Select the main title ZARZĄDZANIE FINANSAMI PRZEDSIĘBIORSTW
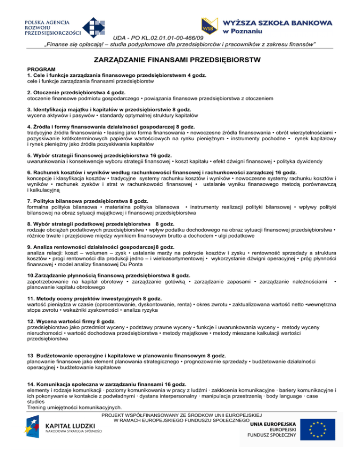180,60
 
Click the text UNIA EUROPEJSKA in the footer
272,423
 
